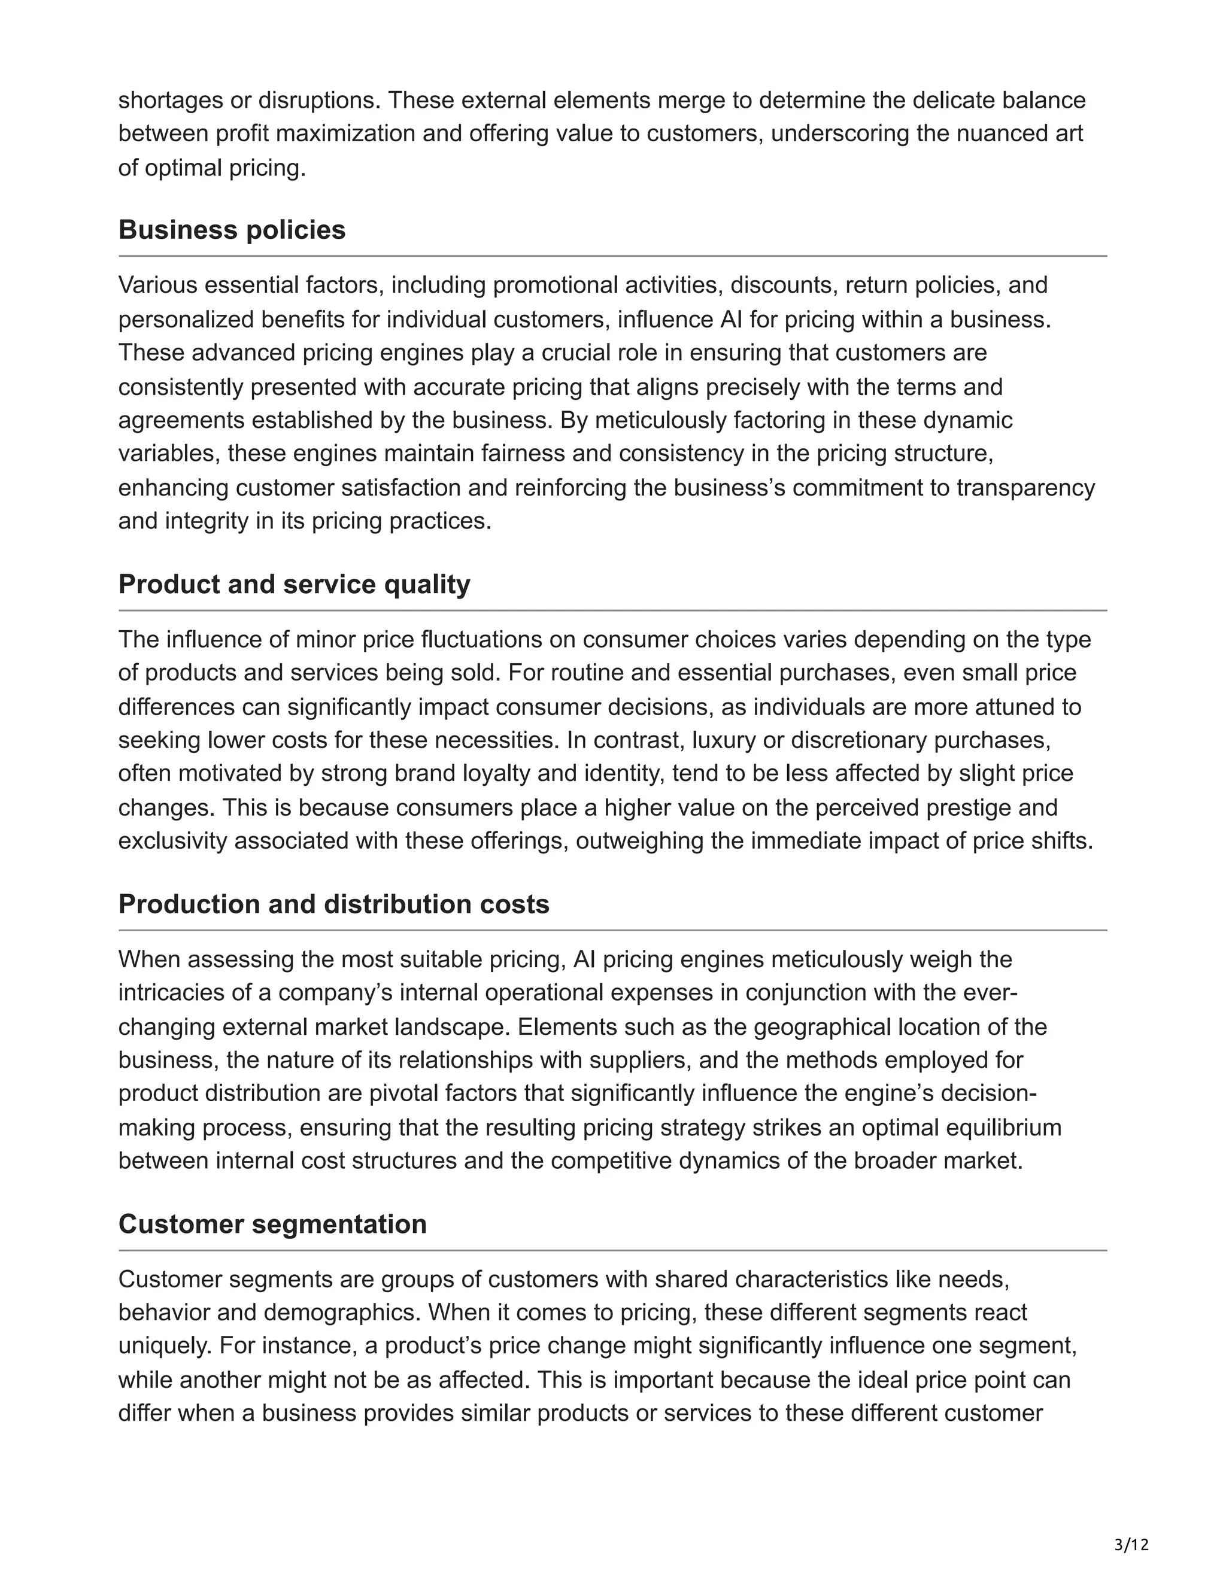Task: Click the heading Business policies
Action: pos(232,230)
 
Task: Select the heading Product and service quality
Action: pos(294,585)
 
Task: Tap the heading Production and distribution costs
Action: pos(333,905)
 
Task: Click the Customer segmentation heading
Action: pos(272,1225)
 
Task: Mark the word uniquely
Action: pos(163,1347)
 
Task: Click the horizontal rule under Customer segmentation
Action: pos(612,1250)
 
